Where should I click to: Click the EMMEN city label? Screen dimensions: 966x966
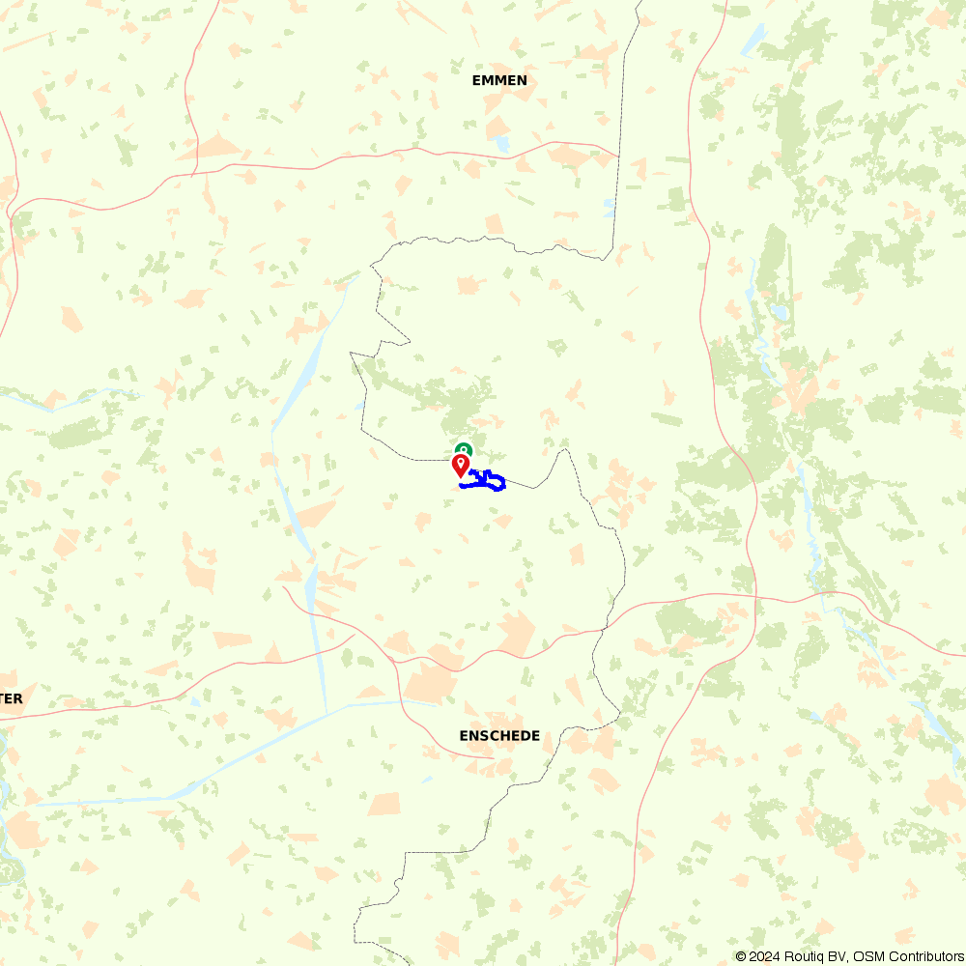(499, 80)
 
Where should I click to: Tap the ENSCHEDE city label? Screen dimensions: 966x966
(499, 736)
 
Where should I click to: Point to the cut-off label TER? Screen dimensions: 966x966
(12, 698)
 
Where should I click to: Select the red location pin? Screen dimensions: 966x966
(461, 465)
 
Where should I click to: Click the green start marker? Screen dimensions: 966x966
(465, 449)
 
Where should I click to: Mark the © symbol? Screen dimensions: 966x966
(741, 956)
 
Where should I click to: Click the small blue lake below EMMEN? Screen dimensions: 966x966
(502, 144)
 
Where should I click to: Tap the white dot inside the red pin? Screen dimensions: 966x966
(461, 463)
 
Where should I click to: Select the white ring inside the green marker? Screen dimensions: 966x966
(465, 448)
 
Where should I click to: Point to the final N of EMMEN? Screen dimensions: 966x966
(522, 80)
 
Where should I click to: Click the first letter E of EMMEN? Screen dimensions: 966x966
(476, 80)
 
